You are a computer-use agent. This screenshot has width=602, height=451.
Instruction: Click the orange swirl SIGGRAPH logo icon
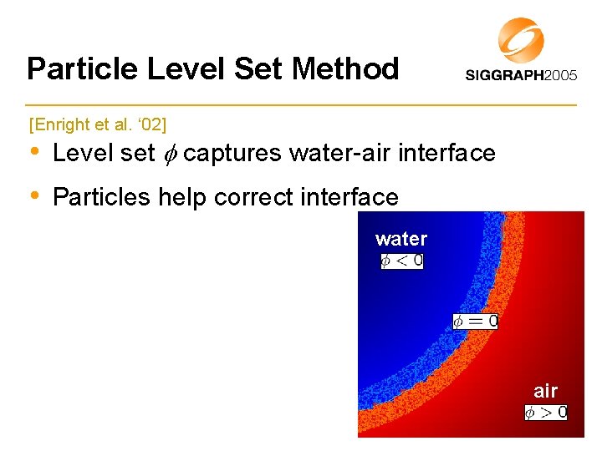(521, 40)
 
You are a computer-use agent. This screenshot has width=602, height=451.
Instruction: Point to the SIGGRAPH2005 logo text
(521, 75)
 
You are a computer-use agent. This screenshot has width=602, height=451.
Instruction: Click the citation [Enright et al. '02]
(98, 125)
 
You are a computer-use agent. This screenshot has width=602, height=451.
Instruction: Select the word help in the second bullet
(182, 197)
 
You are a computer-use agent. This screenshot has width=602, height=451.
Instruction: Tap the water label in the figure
(401, 240)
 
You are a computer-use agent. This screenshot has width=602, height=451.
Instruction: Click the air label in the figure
(545, 391)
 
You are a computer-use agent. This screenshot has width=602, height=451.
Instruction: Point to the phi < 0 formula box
(402, 261)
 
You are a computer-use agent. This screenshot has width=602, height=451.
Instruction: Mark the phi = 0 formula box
(476, 321)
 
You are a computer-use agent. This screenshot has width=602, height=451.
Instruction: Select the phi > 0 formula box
(546, 412)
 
